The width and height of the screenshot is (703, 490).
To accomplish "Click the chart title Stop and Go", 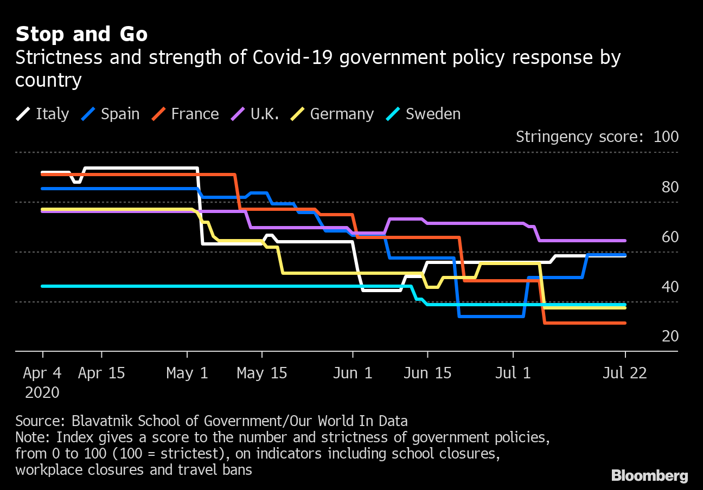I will pos(81,34).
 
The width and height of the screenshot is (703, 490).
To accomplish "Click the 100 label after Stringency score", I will pos(666,137).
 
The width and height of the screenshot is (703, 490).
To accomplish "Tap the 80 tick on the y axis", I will pos(670,187).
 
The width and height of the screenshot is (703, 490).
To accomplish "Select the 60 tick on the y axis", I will pos(670,237).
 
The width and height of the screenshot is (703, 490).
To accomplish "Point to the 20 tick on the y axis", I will pos(670,337).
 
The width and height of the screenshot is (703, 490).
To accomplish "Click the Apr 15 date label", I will pos(101,373).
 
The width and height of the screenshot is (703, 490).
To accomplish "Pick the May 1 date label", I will pos(187,373).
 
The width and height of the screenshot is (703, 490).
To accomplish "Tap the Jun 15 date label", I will pos(428,373).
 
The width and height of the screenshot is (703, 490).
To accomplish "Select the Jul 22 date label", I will pos(625,373).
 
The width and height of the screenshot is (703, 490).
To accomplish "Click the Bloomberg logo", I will pos(649,476).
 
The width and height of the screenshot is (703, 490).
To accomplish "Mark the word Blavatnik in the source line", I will pos(103,421).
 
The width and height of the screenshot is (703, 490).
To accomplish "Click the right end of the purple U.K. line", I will pos(625,241).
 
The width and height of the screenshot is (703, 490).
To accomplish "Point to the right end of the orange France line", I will pos(625,323).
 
